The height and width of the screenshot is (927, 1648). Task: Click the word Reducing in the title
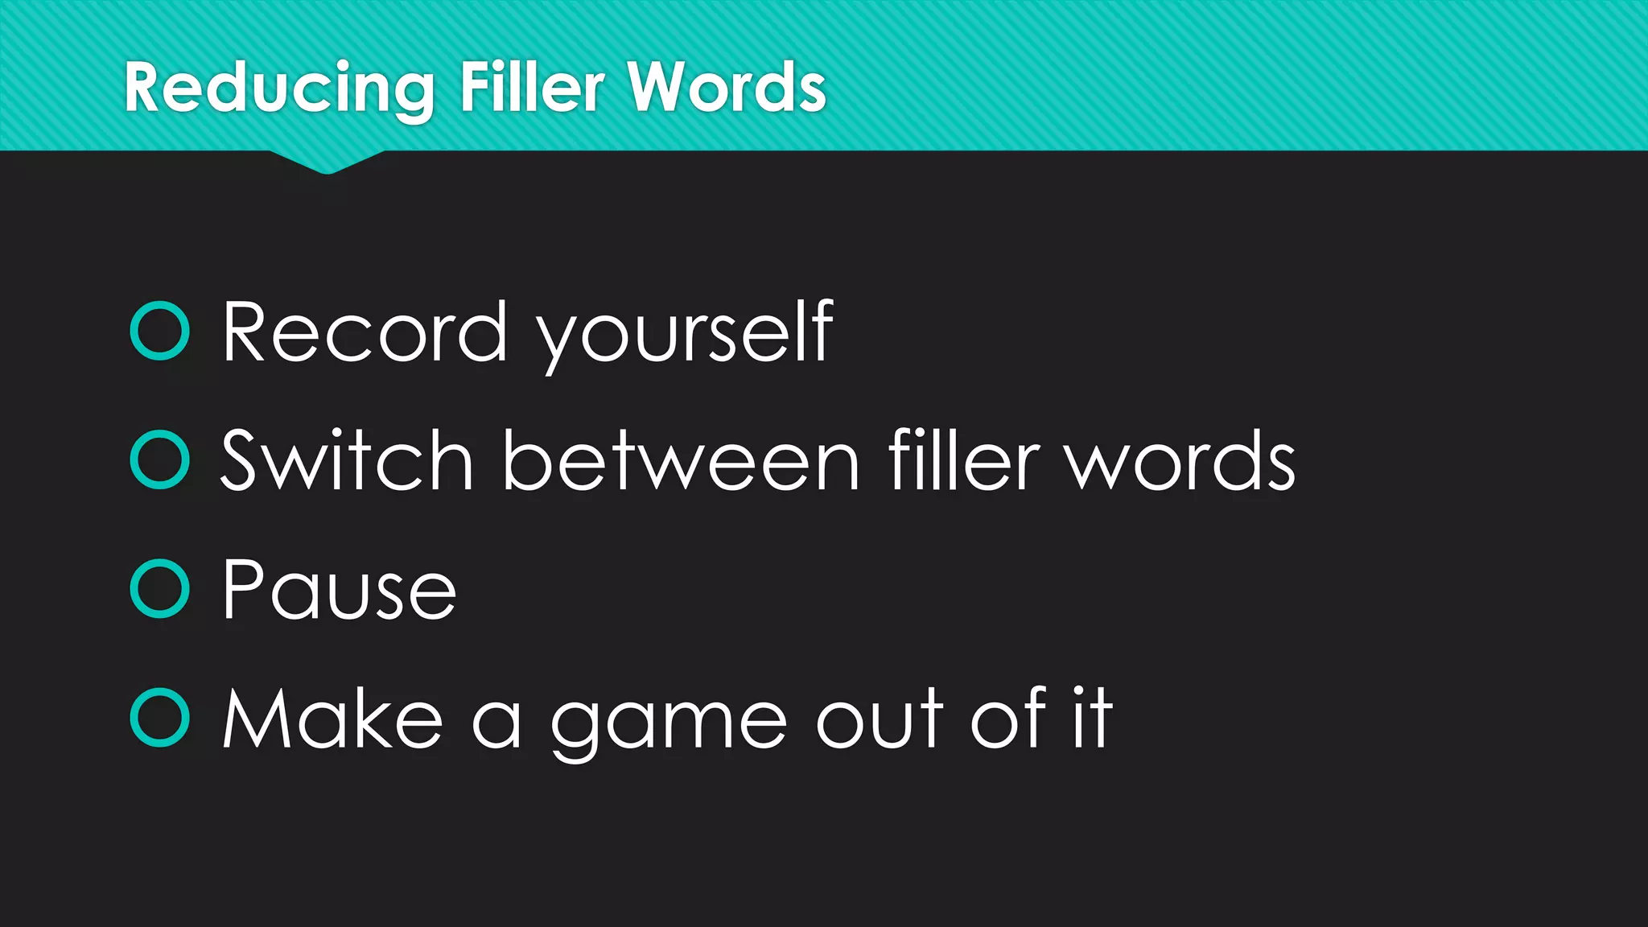pyautogui.click(x=278, y=89)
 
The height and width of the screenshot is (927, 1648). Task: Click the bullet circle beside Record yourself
pyautogui.click(x=159, y=330)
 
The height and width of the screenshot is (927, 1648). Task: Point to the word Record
pyautogui.click(x=365, y=332)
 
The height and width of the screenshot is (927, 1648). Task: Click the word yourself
pyautogui.click(x=685, y=333)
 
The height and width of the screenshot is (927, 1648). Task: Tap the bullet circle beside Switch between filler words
pyautogui.click(x=159, y=459)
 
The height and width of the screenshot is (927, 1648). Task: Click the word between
pyautogui.click(x=681, y=461)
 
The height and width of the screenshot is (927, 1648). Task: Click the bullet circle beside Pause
pyautogui.click(x=159, y=588)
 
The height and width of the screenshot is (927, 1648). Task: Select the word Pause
pyautogui.click(x=339, y=590)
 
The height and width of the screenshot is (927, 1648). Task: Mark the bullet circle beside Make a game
pyautogui.click(x=159, y=717)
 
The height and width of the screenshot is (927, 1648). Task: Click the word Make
pyautogui.click(x=332, y=719)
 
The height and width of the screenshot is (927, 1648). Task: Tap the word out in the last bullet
pyautogui.click(x=880, y=719)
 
